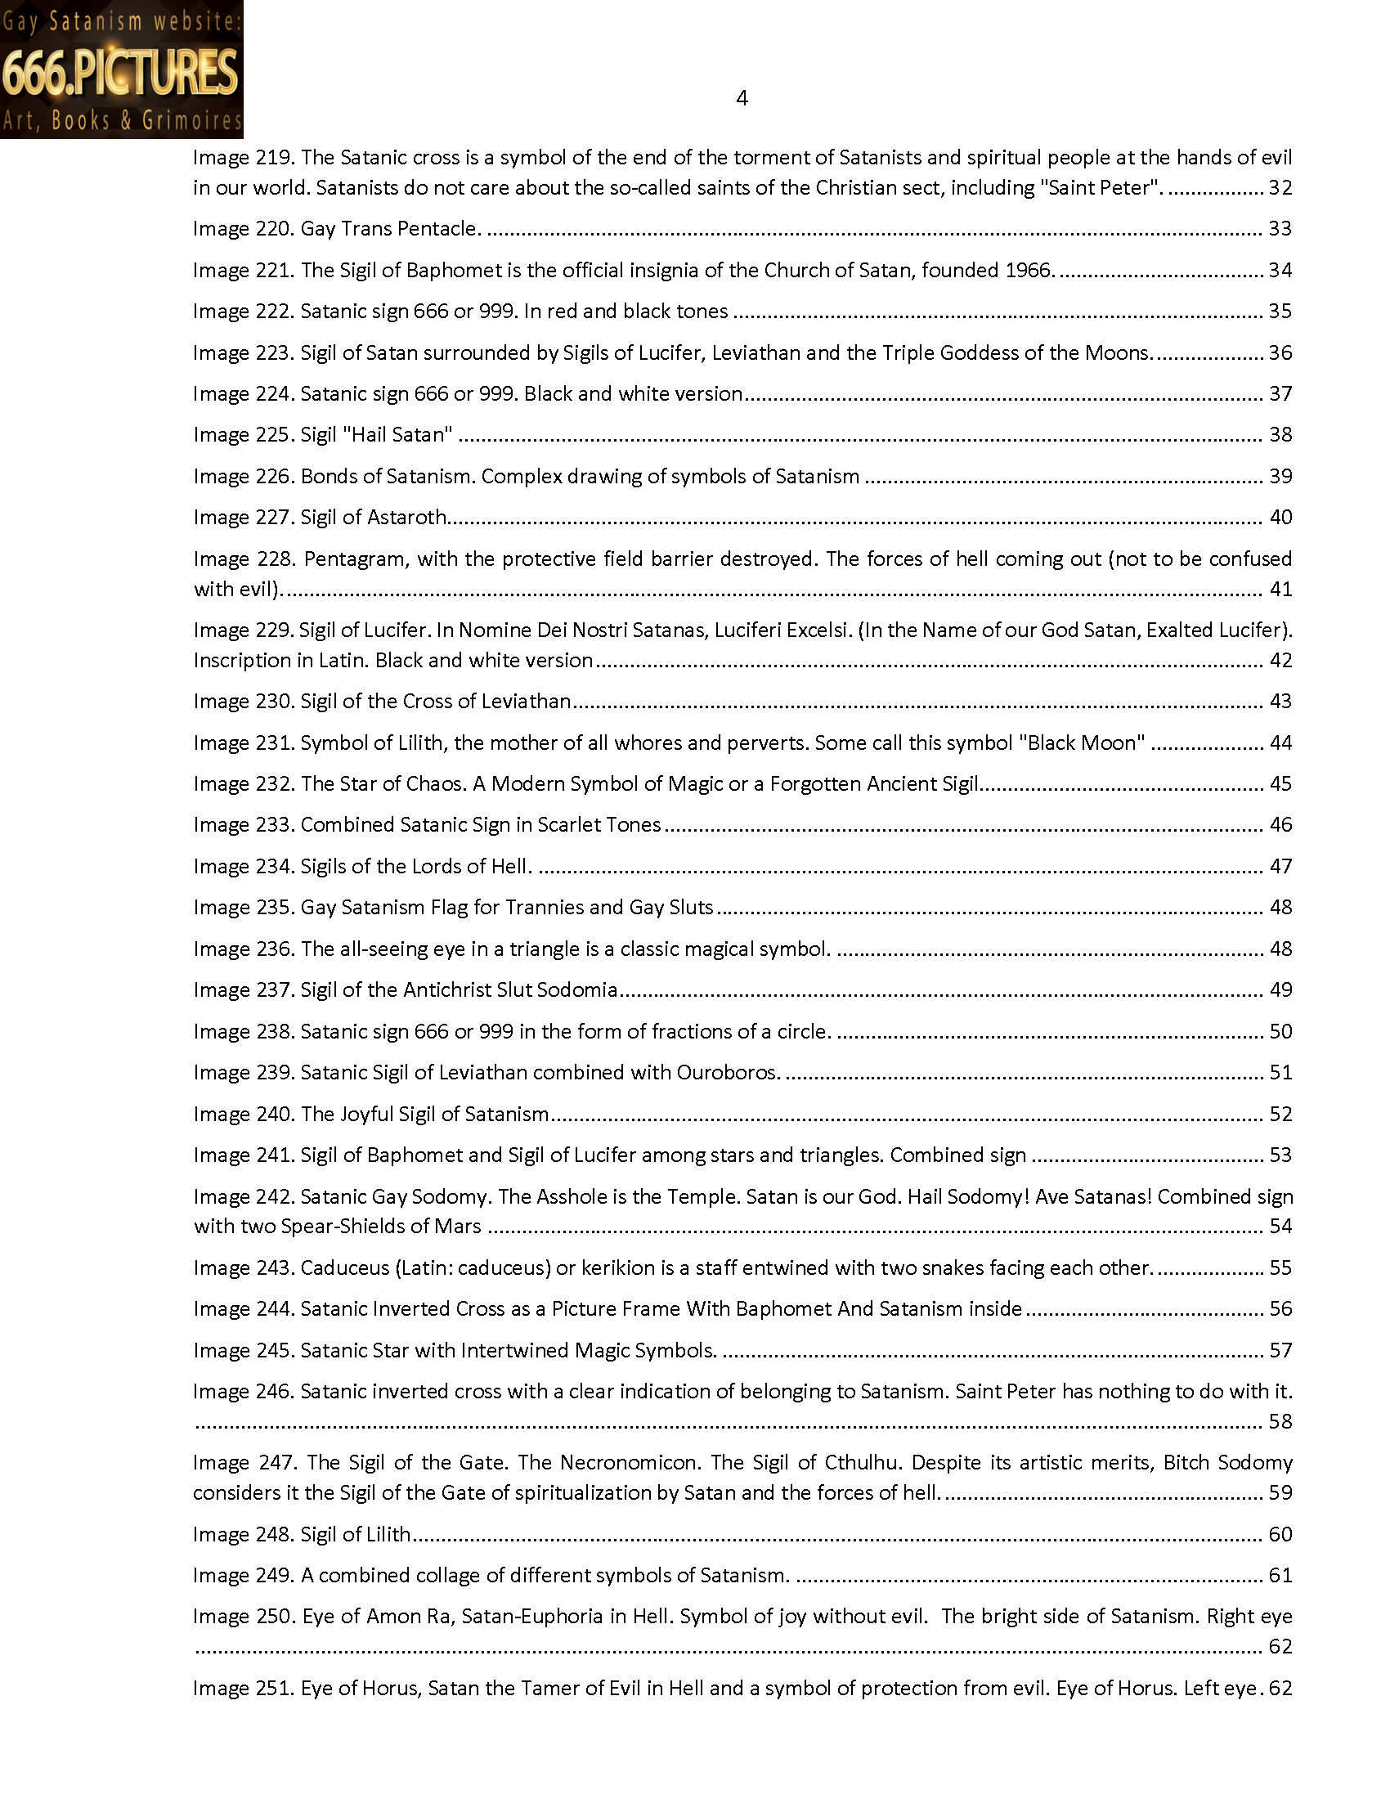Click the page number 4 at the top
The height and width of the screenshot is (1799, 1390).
[741, 98]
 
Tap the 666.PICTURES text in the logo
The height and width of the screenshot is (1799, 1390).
[121, 72]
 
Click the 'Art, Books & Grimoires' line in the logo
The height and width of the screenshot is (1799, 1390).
[121, 121]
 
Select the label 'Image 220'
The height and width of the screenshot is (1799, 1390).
[243, 228]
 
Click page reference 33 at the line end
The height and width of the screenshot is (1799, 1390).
[1280, 228]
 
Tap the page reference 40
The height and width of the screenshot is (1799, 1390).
[1280, 518]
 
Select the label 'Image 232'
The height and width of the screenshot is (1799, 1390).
[243, 783]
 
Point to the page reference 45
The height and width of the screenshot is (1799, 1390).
[1280, 783]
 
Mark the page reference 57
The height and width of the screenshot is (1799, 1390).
[1280, 1350]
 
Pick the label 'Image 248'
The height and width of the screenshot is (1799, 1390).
[243, 1534]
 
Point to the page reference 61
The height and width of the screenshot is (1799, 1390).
[1280, 1575]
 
